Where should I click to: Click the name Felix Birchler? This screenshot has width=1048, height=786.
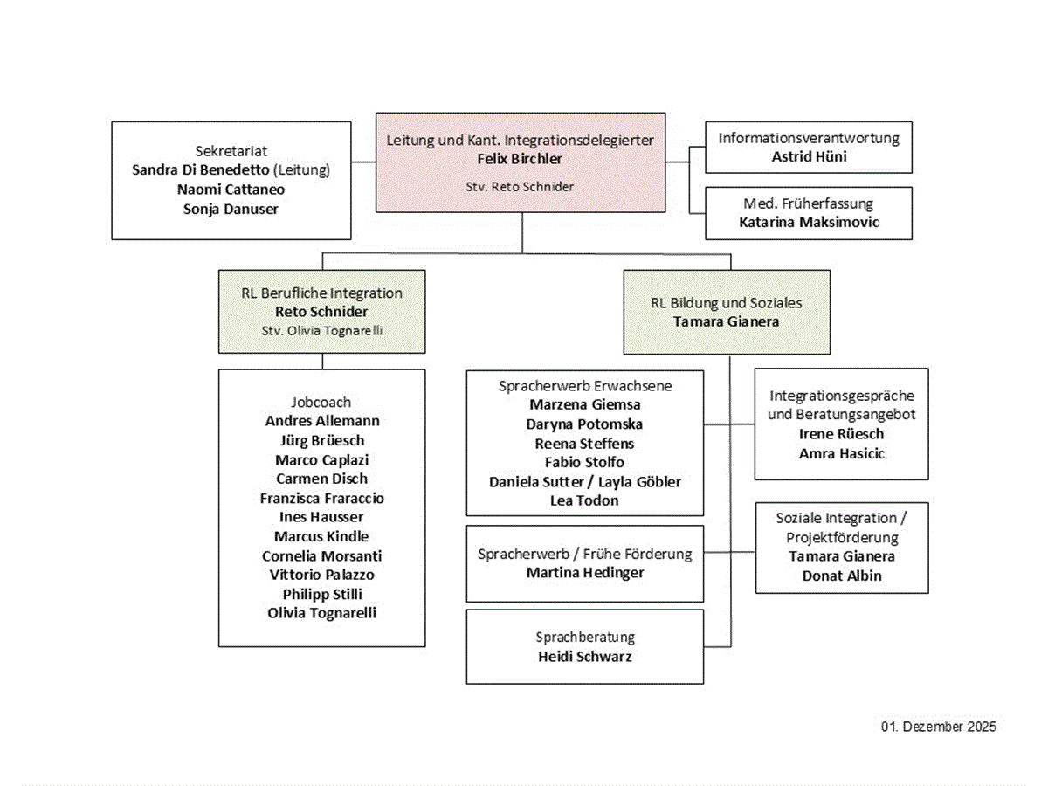click(520, 159)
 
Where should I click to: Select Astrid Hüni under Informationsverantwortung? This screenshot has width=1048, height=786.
click(809, 156)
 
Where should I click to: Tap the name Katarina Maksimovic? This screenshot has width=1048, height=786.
click(809, 222)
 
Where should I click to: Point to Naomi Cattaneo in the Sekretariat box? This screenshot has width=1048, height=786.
click(231, 189)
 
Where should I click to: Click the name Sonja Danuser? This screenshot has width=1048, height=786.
click(231, 208)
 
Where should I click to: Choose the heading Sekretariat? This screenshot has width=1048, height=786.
click(231, 150)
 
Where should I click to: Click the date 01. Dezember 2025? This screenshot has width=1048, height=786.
click(938, 727)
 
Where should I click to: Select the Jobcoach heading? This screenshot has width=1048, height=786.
click(321, 402)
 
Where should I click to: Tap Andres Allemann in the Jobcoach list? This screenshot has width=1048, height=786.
click(321, 421)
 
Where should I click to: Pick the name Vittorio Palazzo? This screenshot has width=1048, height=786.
click(321, 575)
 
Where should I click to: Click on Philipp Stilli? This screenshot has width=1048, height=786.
click(321, 594)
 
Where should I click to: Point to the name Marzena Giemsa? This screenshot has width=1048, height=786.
click(584, 404)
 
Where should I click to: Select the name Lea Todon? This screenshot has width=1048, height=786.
click(584, 500)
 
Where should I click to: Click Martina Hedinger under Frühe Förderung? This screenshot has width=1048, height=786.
click(584, 573)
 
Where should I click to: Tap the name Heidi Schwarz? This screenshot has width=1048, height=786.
click(584, 656)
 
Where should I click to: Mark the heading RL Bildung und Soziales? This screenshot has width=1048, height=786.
click(726, 303)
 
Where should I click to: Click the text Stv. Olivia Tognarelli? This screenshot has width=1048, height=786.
click(321, 330)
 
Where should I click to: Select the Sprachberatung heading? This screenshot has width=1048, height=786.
click(584, 637)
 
